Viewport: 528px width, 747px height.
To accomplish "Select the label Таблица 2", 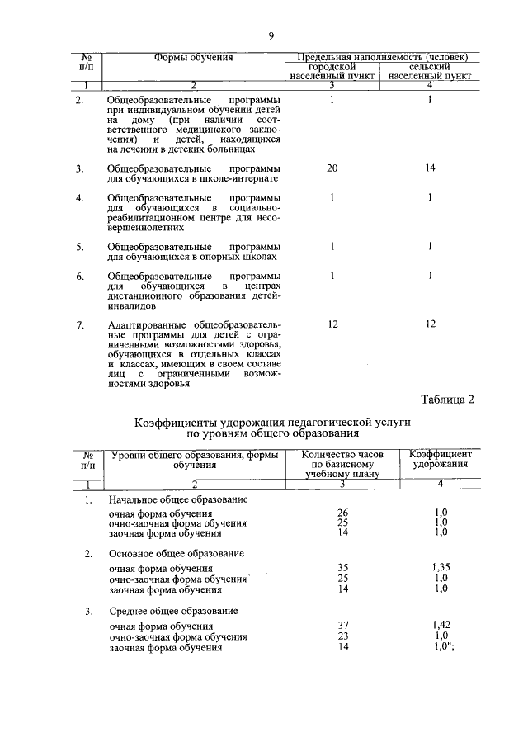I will tap(448, 400).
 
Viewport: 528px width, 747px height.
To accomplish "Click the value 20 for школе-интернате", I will tap(332, 168).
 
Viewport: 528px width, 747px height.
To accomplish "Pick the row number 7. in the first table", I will tap(80, 324).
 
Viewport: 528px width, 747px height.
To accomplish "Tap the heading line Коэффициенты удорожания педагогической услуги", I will tap(272, 422).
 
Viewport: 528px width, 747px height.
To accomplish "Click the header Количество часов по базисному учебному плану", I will tap(340, 464).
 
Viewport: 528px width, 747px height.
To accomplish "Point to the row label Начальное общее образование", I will tap(178, 500).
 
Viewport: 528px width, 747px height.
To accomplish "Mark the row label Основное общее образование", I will tap(177, 552).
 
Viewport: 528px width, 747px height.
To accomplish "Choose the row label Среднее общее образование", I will tap(173, 611).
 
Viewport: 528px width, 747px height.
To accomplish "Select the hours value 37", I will tap(343, 627).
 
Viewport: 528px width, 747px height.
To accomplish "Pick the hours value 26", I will tap(343, 513).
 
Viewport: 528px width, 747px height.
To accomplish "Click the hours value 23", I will tap(343, 637).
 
